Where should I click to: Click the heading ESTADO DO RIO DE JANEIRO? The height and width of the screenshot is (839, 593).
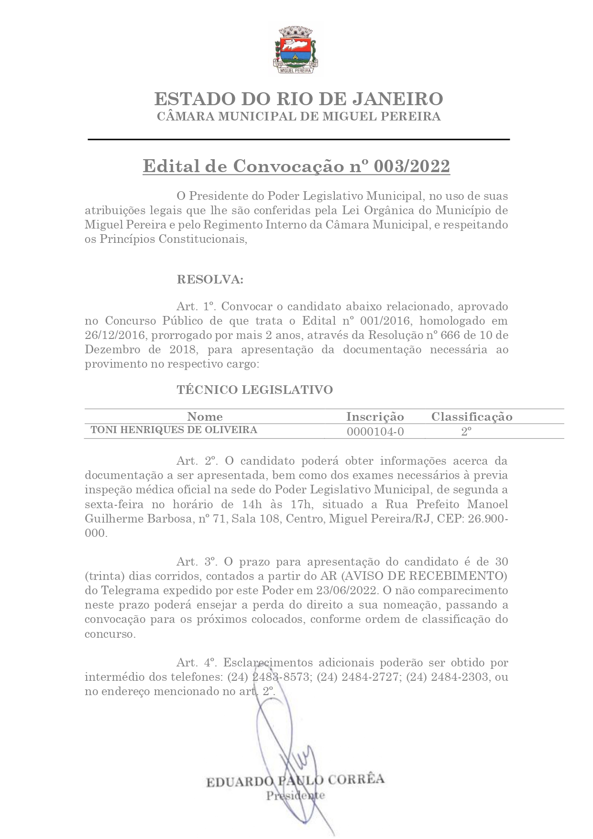(298, 99)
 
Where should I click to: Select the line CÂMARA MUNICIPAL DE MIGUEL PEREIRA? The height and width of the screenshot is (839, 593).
(298, 116)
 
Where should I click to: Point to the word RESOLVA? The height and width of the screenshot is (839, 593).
(210, 279)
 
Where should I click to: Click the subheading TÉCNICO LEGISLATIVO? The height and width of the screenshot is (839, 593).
(254, 390)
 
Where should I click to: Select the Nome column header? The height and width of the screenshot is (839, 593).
(205, 416)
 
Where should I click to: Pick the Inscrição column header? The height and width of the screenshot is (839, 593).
(375, 416)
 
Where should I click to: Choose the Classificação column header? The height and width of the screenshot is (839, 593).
(472, 416)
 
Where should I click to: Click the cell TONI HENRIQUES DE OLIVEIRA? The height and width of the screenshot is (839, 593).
(174, 430)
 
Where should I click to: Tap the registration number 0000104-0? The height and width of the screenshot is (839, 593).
(375, 432)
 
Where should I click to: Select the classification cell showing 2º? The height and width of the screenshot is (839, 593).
(466, 432)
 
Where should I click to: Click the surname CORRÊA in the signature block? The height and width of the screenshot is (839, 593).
(356, 779)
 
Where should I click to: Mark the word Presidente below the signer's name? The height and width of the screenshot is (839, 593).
(296, 795)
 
